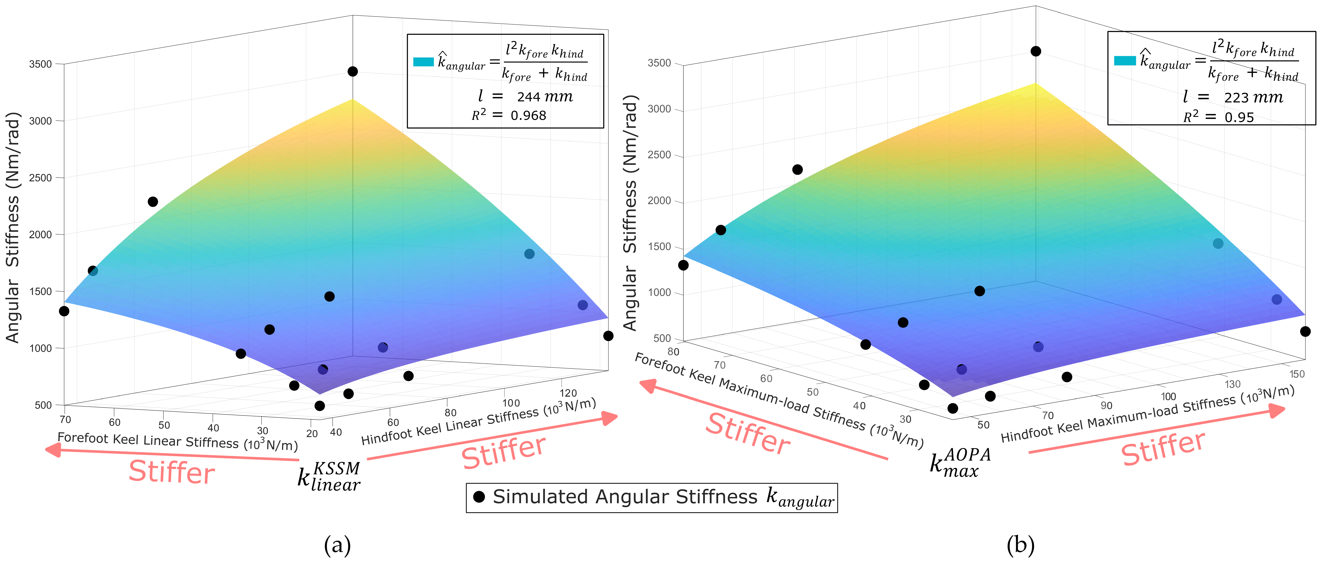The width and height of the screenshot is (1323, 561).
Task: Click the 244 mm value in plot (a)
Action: [x=544, y=97]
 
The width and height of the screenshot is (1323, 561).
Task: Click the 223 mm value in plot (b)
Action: [x=1253, y=98]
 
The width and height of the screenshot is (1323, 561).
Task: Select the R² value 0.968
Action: [x=528, y=116]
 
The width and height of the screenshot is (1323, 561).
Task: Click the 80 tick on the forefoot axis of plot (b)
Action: [x=673, y=352]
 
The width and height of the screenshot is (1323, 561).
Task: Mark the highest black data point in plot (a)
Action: [x=352, y=71]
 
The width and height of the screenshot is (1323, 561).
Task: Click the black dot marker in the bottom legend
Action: [x=479, y=497]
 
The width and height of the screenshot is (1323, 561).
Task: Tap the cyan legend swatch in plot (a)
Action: [x=423, y=62]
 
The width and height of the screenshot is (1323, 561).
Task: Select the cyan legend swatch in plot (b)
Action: [x=1125, y=61]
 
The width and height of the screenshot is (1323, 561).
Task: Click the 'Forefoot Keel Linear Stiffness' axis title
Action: [x=177, y=441]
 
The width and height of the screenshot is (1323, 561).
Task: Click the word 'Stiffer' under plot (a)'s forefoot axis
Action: [x=172, y=472]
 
